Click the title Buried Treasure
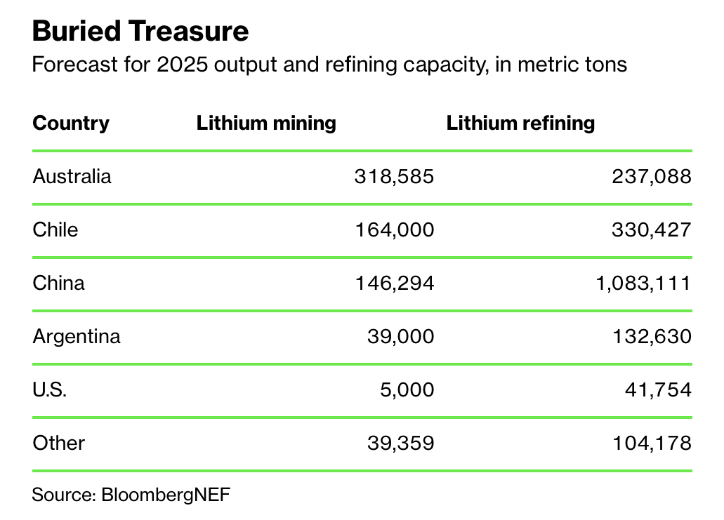pyautogui.click(x=140, y=32)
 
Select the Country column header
pyautogui.click(x=71, y=124)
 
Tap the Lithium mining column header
pyautogui.click(x=266, y=124)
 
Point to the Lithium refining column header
pyautogui.click(x=520, y=124)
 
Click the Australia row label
pyautogui.click(x=72, y=176)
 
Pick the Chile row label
pyautogui.click(x=55, y=229)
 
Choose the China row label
pyautogui.click(x=58, y=283)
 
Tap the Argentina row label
pyautogui.click(x=77, y=336)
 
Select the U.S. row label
pyautogui.click(x=50, y=389)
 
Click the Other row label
pyautogui.click(x=58, y=443)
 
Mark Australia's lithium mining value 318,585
pyautogui.click(x=394, y=176)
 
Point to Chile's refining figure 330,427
pyautogui.click(x=651, y=229)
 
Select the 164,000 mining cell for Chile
pyautogui.click(x=394, y=229)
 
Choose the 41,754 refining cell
pyautogui.click(x=658, y=389)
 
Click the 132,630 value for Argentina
pyautogui.click(x=651, y=336)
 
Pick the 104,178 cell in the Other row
pyautogui.click(x=651, y=443)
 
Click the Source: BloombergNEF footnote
pyautogui.click(x=131, y=494)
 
